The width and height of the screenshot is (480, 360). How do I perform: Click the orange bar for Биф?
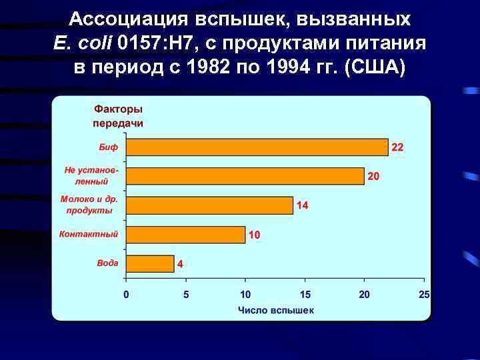[x=257, y=147]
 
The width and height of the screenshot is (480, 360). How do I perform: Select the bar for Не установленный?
[x=245, y=176]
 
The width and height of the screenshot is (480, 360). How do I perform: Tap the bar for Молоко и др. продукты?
[x=209, y=205]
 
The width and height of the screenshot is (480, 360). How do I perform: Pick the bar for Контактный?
[x=185, y=235]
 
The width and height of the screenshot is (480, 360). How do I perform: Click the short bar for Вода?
[x=150, y=264]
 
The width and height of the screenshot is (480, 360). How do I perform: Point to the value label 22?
[x=397, y=147]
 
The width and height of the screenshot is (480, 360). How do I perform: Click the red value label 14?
[x=302, y=205]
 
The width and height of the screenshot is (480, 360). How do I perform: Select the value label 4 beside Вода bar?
[x=180, y=264]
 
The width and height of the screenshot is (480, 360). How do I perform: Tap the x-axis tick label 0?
[x=127, y=295]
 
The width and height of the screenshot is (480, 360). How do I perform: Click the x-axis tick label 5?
[x=186, y=295]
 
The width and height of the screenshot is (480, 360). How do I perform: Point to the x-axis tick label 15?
[x=305, y=295]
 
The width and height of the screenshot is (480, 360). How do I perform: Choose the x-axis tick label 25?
[x=424, y=295]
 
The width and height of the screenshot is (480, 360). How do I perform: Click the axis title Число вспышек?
[x=276, y=310]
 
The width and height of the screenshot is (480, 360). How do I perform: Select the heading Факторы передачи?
[x=118, y=116]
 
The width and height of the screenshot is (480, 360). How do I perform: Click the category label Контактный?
[x=89, y=234]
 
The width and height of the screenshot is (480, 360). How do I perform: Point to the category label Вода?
[x=107, y=263]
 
